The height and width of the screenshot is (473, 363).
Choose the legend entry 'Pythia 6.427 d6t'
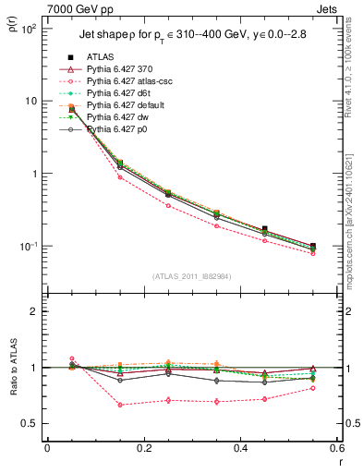coord(120,93)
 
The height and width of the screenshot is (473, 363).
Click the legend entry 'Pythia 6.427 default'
coord(127,105)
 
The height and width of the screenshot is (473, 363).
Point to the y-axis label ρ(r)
coord(14,33)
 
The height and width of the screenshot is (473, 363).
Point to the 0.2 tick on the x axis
coord(143,450)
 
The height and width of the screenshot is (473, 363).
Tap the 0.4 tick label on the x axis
coord(240,450)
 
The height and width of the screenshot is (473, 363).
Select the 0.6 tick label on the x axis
coord(336,450)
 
